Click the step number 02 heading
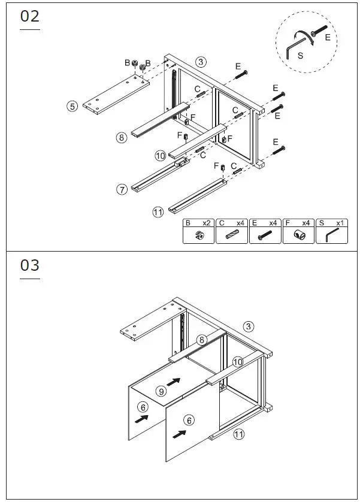coord(30,17)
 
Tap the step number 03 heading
coord(30,265)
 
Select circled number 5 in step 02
coord(72,106)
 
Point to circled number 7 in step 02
coord(122,189)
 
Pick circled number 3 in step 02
coord(201,62)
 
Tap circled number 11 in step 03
coord(238,434)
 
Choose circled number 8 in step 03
coord(202,340)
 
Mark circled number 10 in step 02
coord(160,156)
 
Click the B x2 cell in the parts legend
coord(198,231)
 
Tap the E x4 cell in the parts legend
coord(265,231)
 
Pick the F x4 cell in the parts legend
coord(299,231)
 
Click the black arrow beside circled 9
coord(174,381)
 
